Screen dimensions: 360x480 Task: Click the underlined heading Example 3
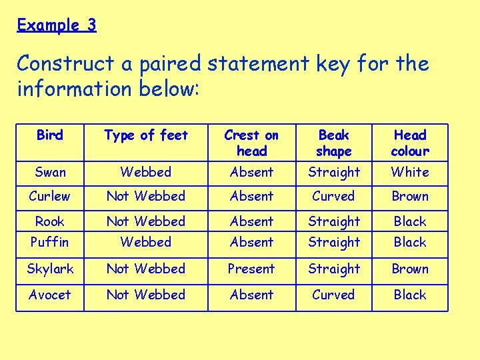tap(57, 25)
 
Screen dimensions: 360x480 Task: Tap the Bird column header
tap(50, 135)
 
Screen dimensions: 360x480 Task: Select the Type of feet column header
tap(146, 135)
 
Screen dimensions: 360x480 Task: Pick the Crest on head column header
tap(251, 143)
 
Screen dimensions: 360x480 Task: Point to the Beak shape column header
tap(333, 143)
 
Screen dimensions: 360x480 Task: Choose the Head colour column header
tap(409, 143)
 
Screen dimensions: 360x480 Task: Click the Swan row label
tap(50, 172)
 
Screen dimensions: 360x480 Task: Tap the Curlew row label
tap(50, 196)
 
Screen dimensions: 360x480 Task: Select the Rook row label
tap(50, 221)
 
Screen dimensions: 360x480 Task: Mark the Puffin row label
tap(50, 242)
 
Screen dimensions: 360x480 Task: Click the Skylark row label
tap(50, 269)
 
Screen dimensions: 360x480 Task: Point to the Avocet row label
tap(50, 294)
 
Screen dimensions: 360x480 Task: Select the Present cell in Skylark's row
tap(251, 269)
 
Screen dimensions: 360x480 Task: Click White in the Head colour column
tap(409, 172)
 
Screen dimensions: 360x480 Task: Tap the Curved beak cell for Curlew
tap(333, 196)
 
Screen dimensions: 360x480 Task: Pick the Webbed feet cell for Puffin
tap(146, 242)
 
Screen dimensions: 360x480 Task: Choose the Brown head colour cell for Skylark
tap(409, 269)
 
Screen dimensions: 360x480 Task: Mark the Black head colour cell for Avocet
tap(409, 294)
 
